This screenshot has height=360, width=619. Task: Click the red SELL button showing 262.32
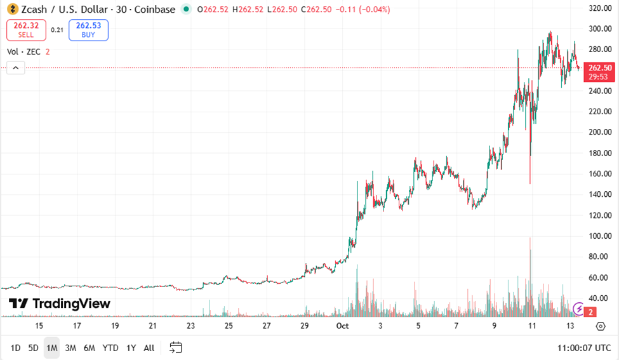[x=26, y=29]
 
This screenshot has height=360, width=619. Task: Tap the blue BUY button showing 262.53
[x=88, y=29]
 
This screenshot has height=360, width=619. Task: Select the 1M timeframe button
[x=51, y=348]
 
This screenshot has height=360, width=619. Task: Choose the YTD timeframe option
[x=110, y=348]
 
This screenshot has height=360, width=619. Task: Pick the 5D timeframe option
[x=33, y=348]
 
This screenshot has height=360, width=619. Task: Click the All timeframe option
[x=149, y=348]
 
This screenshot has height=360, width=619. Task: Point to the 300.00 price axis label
[x=600, y=29]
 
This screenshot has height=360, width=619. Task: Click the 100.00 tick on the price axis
[x=600, y=236]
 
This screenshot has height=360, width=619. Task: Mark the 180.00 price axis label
[x=600, y=153]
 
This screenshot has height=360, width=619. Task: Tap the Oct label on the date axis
[x=343, y=326]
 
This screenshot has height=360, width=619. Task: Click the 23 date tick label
[x=190, y=326]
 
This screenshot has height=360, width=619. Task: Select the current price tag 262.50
[x=600, y=68]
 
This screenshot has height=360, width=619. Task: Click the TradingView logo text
[x=60, y=303]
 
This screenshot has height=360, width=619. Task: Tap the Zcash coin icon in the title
[x=11, y=10]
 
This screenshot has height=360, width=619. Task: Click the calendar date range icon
[x=176, y=347]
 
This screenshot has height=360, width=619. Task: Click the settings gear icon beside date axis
[x=601, y=326]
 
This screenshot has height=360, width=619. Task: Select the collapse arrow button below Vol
[x=16, y=68]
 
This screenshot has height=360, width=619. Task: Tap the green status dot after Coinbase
[x=185, y=10]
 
